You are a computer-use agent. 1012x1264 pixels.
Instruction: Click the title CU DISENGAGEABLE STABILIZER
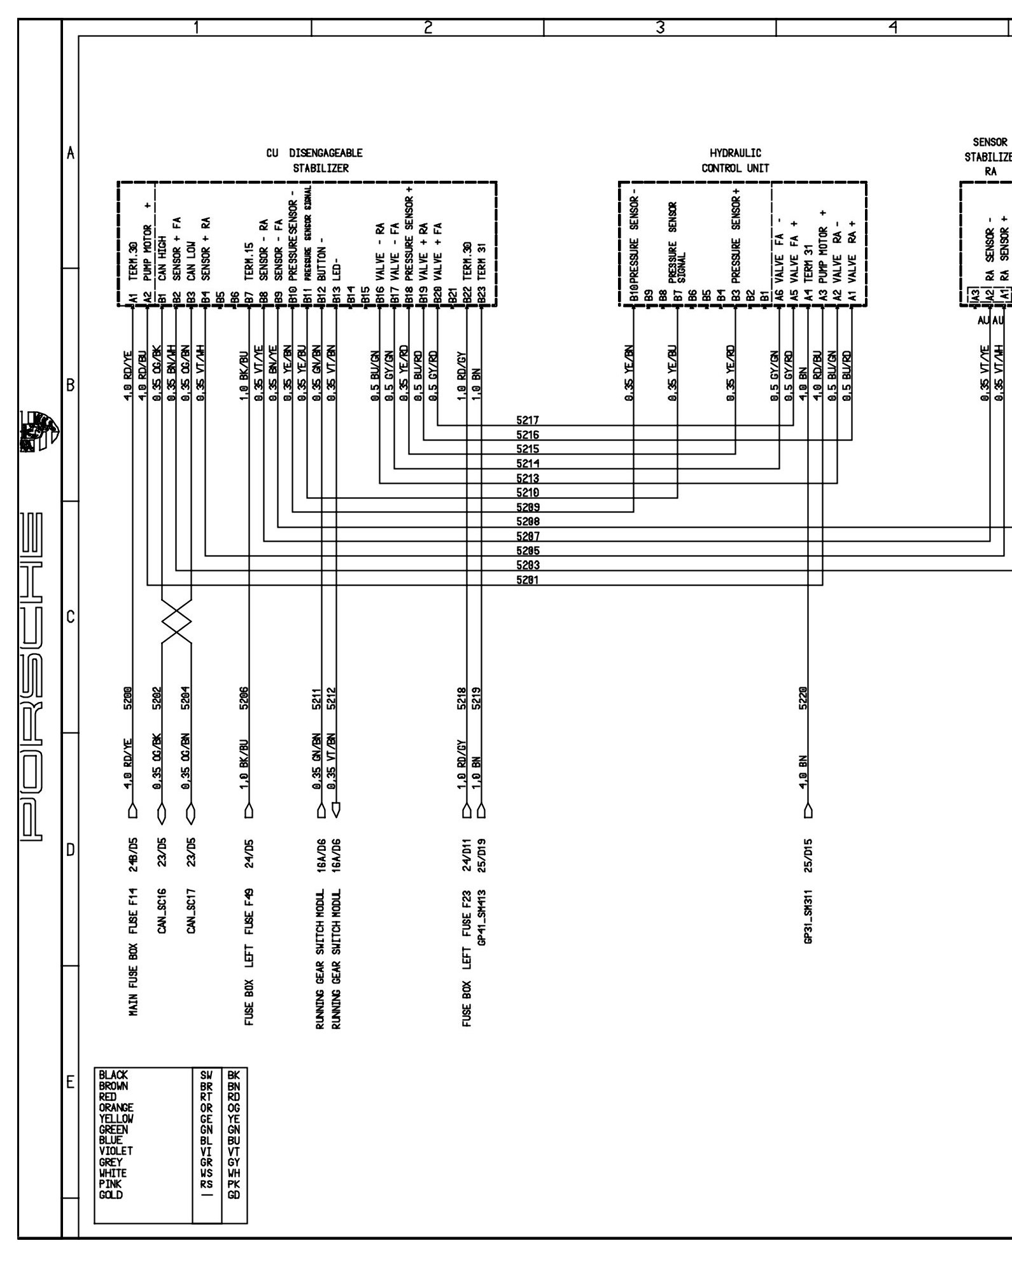tap(314, 161)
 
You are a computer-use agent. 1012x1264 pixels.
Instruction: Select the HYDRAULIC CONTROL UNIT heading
tap(735, 161)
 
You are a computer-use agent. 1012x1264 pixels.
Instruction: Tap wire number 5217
tap(528, 421)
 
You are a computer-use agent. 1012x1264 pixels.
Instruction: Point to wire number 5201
tap(528, 580)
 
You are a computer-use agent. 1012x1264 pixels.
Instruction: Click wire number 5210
tap(528, 493)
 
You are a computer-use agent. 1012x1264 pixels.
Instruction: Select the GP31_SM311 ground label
tap(808, 916)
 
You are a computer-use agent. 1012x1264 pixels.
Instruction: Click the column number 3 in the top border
tap(660, 27)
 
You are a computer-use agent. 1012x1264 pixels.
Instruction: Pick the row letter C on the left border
tap(71, 617)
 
